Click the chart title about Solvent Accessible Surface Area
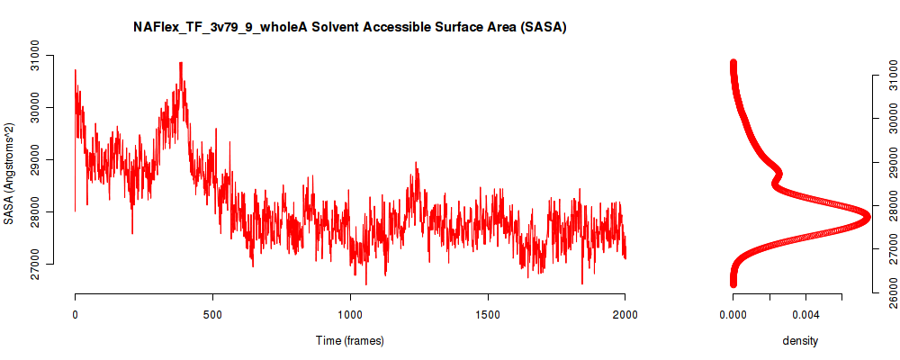(350, 28)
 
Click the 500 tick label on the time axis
(212, 314)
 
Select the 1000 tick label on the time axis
(350, 314)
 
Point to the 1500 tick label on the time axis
(487, 314)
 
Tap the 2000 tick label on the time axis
(625, 314)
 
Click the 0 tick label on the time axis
(76, 314)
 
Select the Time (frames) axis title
(349, 340)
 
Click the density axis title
(800, 341)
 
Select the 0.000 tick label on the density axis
(733, 314)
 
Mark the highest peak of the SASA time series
(180, 62)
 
